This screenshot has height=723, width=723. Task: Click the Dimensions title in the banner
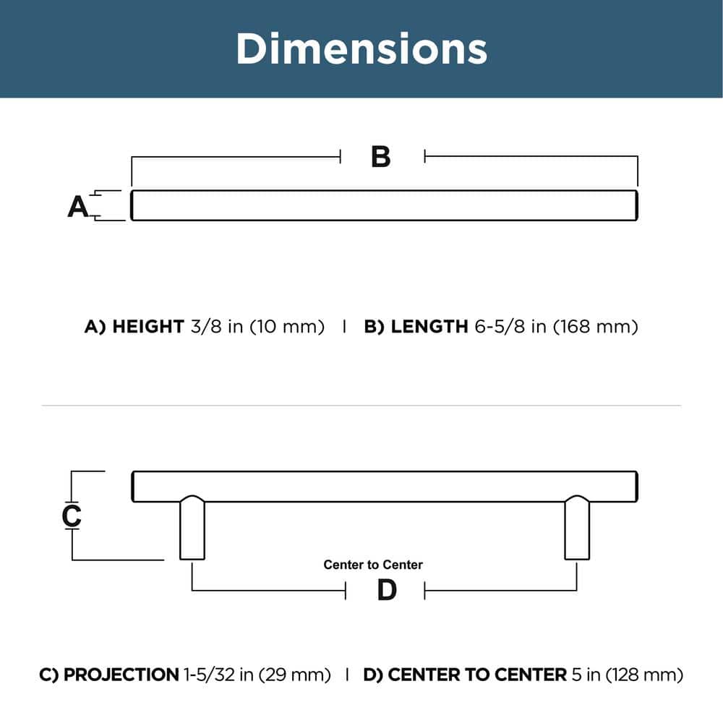[361, 48]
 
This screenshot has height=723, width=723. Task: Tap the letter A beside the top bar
[77, 207]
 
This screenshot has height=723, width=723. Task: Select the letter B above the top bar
[381, 156]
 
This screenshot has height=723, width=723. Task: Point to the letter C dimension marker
[72, 515]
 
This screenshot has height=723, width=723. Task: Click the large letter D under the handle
[388, 591]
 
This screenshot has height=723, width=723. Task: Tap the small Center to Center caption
[373, 565]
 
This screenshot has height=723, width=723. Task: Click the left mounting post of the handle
[192, 528]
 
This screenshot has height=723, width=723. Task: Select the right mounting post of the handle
[576, 528]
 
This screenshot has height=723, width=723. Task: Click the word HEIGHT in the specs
[147, 327]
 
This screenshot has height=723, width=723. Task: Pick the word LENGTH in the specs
[429, 327]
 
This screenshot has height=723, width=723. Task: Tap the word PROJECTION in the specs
[121, 675]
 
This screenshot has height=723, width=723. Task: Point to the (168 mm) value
[596, 327]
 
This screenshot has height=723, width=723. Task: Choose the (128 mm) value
[643, 675]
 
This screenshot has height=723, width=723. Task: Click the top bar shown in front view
[383, 205]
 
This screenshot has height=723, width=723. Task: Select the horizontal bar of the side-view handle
[383, 486]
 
